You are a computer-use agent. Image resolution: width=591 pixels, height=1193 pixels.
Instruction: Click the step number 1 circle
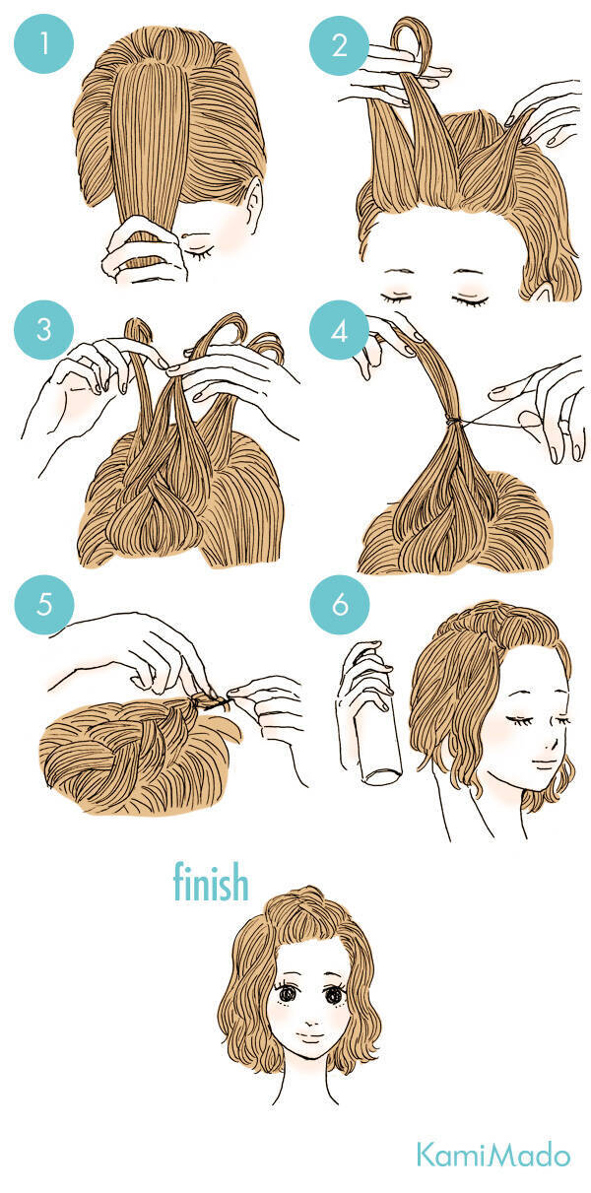tap(43, 43)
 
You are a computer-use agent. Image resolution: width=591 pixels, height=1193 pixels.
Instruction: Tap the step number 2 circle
tap(339, 45)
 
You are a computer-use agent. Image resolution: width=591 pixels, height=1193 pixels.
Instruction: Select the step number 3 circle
tap(43, 330)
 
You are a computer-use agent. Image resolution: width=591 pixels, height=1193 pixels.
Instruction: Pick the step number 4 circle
tap(339, 330)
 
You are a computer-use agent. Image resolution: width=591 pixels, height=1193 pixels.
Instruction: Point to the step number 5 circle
tap(43, 605)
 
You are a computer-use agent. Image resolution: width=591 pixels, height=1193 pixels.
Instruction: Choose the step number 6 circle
tap(339, 605)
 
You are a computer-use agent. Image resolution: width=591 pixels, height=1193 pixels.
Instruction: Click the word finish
tap(211, 882)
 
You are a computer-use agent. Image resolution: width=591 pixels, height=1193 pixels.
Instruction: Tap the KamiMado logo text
tap(493, 1155)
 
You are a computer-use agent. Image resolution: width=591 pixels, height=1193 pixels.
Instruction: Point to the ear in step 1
tap(254, 204)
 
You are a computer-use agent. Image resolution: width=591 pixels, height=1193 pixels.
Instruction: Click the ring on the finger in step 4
tap(562, 425)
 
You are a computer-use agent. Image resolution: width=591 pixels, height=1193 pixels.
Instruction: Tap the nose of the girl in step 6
tap(554, 743)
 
